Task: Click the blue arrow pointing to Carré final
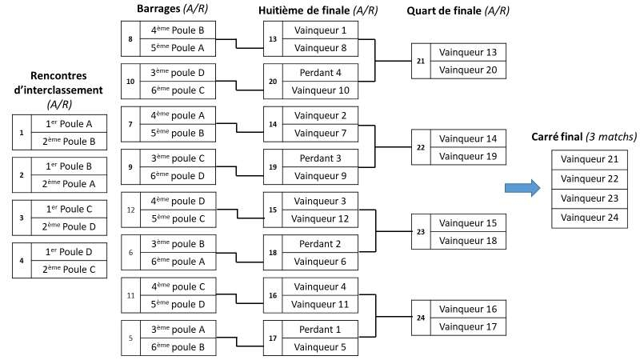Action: click(x=522, y=188)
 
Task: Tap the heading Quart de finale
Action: click(x=458, y=10)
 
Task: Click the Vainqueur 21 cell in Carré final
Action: click(x=594, y=159)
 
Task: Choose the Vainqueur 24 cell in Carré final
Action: click(x=594, y=217)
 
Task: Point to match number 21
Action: click(x=421, y=61)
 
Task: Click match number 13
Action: click(x=272, y=38)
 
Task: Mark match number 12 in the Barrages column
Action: click(x=130, y=210)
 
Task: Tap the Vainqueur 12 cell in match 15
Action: click(x=320, y=218)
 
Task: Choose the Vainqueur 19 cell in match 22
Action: click(x=469, y=155)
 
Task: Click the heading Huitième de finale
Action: click(x=318, y=10)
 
